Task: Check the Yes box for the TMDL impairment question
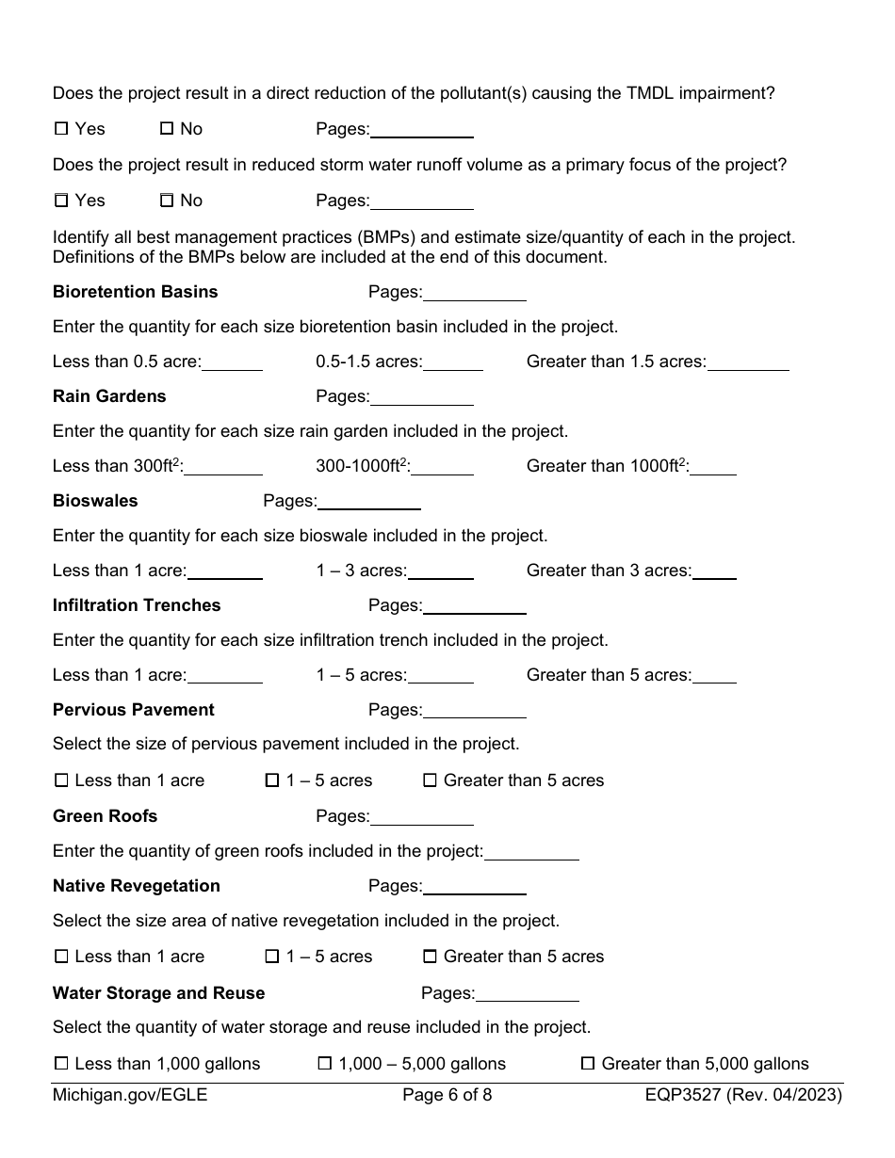62,129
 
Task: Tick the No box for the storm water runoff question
167,201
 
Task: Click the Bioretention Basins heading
135,292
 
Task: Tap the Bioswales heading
95,501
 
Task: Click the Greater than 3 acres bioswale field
714,571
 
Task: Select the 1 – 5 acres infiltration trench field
441,676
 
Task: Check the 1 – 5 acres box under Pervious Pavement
272,780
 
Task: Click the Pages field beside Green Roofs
422,817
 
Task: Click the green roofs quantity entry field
531,852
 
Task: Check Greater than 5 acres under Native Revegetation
430,957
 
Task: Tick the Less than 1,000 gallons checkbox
62,1064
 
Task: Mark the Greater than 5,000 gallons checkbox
588,1064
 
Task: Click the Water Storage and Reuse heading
158,993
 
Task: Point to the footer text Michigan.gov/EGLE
130,1095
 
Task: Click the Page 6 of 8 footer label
447,1095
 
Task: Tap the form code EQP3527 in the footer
682,1095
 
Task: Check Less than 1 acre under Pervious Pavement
62,780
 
